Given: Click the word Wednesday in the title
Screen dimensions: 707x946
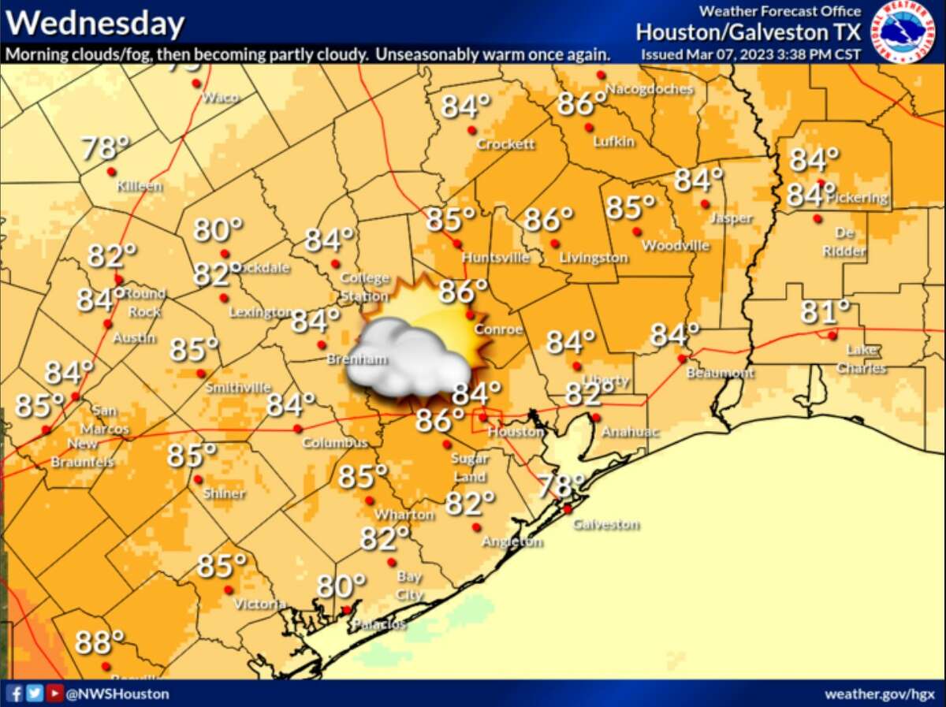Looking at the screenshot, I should tap(95, 24).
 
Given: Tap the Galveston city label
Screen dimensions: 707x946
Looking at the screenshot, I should tap(605, 524).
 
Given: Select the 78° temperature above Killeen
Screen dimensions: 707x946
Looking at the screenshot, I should tap(105, 147).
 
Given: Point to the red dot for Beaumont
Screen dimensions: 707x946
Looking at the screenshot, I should tap(682, 359).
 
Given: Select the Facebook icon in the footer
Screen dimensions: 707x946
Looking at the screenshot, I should tap(14, 694).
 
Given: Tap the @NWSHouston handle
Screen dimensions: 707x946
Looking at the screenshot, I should tap(117, 694).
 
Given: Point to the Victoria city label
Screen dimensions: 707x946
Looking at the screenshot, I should tap(259, 604).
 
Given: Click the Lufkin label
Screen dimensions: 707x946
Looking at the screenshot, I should tap(614, 141).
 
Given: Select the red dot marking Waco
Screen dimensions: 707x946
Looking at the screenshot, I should tap(196, 83).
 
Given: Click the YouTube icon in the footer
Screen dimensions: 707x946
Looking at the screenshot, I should tap(54, 694).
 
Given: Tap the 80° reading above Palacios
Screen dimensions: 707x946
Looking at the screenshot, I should tap(341, 586).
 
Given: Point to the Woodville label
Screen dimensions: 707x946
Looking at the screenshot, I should tap(676, 246).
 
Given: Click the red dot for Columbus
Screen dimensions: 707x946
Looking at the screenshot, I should tap(297, 429).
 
